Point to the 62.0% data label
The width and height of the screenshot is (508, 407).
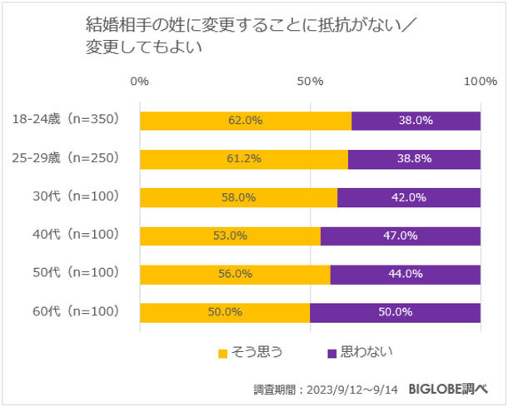point(246,121)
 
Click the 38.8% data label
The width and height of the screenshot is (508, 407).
point(414,159)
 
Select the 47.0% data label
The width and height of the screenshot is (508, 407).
point(400,236)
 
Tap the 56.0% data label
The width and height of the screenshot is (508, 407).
point(235,274)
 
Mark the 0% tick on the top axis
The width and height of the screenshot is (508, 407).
point(140,82)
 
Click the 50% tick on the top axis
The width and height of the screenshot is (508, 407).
point(310,82)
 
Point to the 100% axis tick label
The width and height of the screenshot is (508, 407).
point(481,82)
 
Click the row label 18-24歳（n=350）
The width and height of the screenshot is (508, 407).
point(68,120)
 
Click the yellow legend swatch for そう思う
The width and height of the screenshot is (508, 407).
point(223,353)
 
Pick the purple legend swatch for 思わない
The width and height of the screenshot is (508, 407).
point(332,353)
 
